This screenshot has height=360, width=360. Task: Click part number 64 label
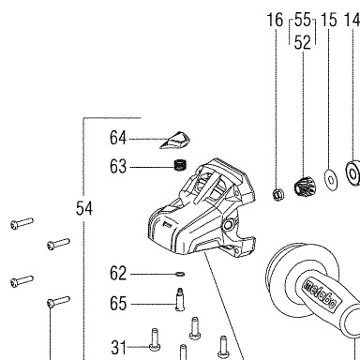(118, 138)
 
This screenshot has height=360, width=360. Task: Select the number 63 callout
(118, 166)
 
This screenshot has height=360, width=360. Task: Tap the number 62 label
(118, 274)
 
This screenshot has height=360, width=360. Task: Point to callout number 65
(118, 304)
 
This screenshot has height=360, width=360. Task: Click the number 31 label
(118, 348)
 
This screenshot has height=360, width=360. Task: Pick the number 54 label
(84, 208)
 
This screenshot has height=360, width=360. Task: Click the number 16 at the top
(275, 20)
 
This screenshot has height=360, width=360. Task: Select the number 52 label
(303, 42)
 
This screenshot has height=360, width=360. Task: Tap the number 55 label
(303, 20)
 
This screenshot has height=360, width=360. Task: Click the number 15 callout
(329, 20)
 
